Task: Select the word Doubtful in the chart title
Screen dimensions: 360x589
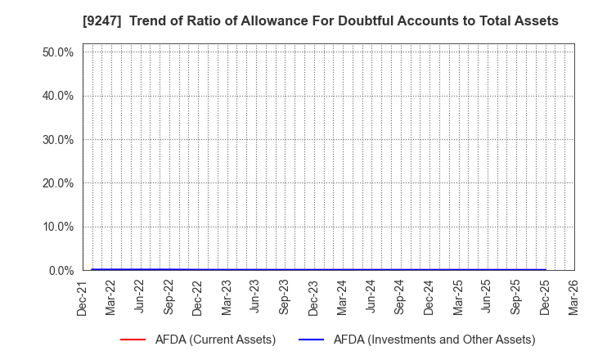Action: (x=372, y=21)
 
